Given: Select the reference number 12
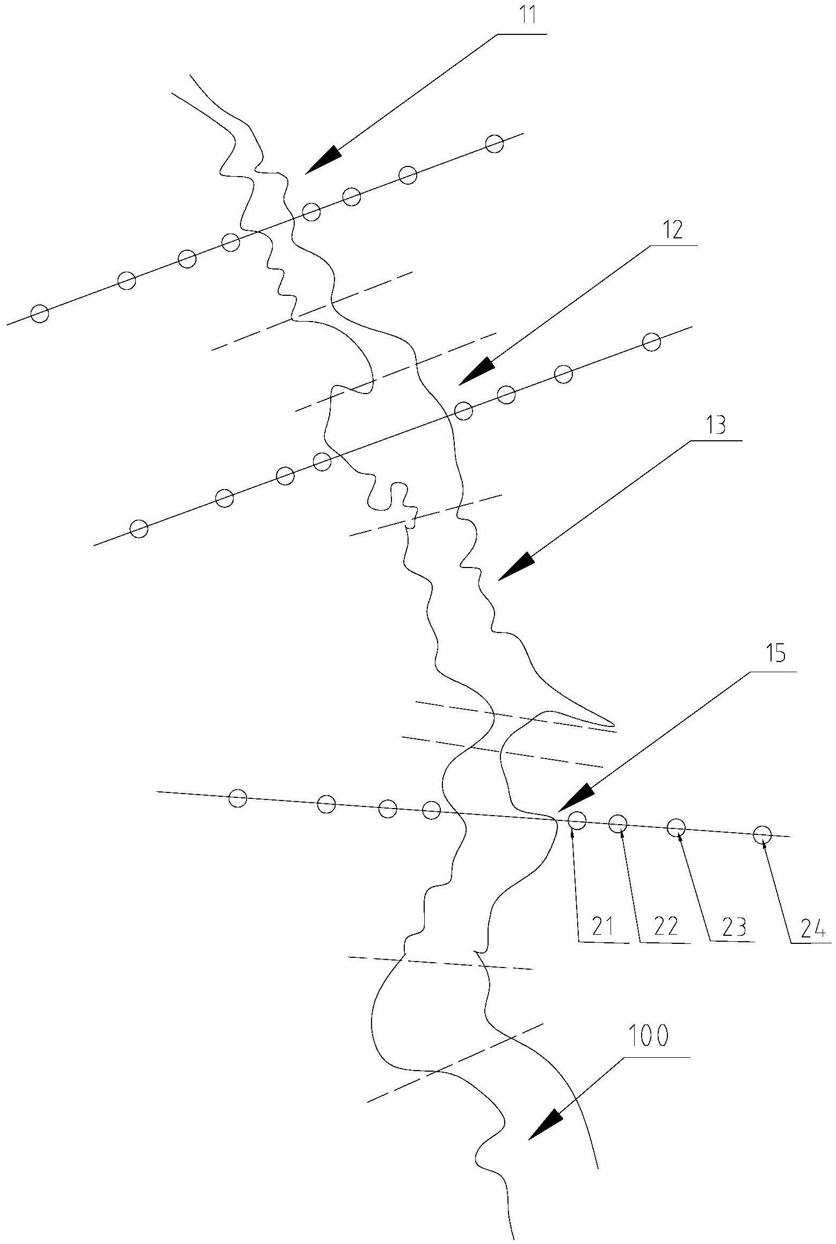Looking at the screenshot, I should click(x=672, y=230).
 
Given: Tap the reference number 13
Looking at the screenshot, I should click(x=716, y=425).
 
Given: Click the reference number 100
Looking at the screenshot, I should click(x=648, y=1036).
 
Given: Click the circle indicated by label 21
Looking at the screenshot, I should click(x=577, y=820).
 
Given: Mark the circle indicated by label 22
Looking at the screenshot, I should click(x=618, y=823).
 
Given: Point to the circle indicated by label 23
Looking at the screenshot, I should click(x=676, y=827).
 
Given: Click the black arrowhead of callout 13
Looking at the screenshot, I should click(x=517, y=567).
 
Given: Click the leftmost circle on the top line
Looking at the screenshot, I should click(x=40, y=314).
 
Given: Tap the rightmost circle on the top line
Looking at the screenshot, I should click(x=494, y=144).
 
